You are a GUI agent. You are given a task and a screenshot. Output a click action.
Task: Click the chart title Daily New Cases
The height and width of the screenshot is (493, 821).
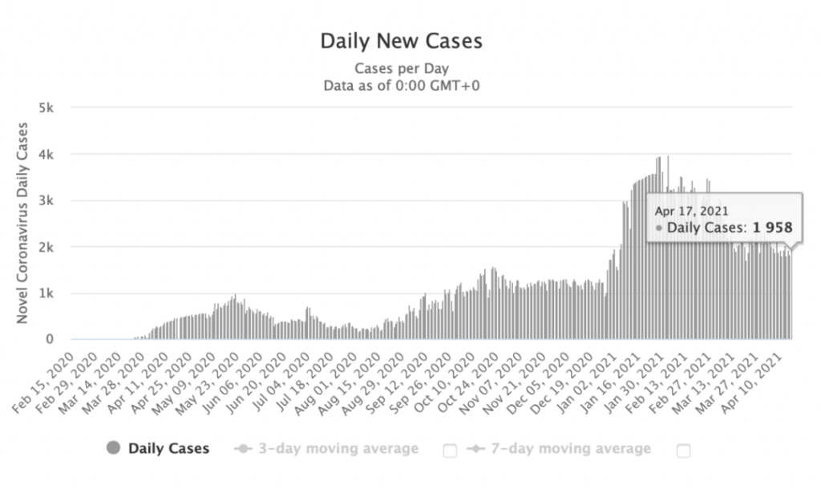pyautogui.click(x=401, y=41)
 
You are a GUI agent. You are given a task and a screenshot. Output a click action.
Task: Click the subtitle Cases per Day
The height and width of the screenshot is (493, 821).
pyautogui.click(x=401, y=68)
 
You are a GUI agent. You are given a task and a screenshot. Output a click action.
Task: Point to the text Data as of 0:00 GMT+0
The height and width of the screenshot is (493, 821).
pyautogui.click(x=401, y=85)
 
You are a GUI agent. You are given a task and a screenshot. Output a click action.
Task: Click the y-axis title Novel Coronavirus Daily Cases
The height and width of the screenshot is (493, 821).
pyautogui.click(x=23, y=223)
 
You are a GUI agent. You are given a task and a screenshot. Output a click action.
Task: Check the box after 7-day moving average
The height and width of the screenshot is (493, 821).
pyautogui.click(x=683, y=451)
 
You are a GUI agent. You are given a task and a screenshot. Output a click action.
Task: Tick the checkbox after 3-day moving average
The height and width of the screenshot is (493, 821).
pyautogui.click(x=450, y=451)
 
